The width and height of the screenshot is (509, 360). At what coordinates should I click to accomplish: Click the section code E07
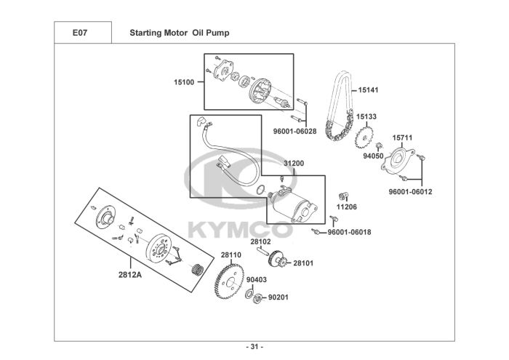(x=80, y=33)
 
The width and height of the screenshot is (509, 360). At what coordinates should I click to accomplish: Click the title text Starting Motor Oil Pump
(x=180, y=33)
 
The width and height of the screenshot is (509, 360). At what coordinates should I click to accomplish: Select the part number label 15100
(x=184, y=82)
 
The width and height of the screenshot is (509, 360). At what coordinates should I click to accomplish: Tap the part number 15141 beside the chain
(x=368, y=90)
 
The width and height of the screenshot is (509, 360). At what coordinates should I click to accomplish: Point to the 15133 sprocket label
(x=366, y=116)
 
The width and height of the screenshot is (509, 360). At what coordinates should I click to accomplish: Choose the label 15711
(x=402, y=137)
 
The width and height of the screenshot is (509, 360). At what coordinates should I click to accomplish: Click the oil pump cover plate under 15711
(x=398, y=161)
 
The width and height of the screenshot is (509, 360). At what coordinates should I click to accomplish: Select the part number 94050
(x=373, y=156)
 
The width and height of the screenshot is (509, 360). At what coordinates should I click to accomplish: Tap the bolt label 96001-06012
(x=410, y=192)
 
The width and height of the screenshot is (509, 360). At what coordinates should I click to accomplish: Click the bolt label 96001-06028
(x=294, y=132)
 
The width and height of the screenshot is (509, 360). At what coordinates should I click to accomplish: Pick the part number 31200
(x=294, y=164)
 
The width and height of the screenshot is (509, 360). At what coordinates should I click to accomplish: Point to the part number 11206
(x=346, y=207)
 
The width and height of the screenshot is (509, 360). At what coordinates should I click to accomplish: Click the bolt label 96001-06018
(x=349, y=232)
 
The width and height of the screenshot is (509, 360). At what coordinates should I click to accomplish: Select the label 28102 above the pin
(x=260, y=242)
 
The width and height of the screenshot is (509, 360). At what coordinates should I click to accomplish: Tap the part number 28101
(x=303, y=263)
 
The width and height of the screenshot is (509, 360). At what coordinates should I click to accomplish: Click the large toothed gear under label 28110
(x=230, y=281)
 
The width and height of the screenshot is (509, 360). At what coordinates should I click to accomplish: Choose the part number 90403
(x=257, y=280)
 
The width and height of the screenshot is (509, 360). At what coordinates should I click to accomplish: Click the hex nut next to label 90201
(x=257, y=298)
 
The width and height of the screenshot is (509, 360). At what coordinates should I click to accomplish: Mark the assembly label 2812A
(x=130, y=275)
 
